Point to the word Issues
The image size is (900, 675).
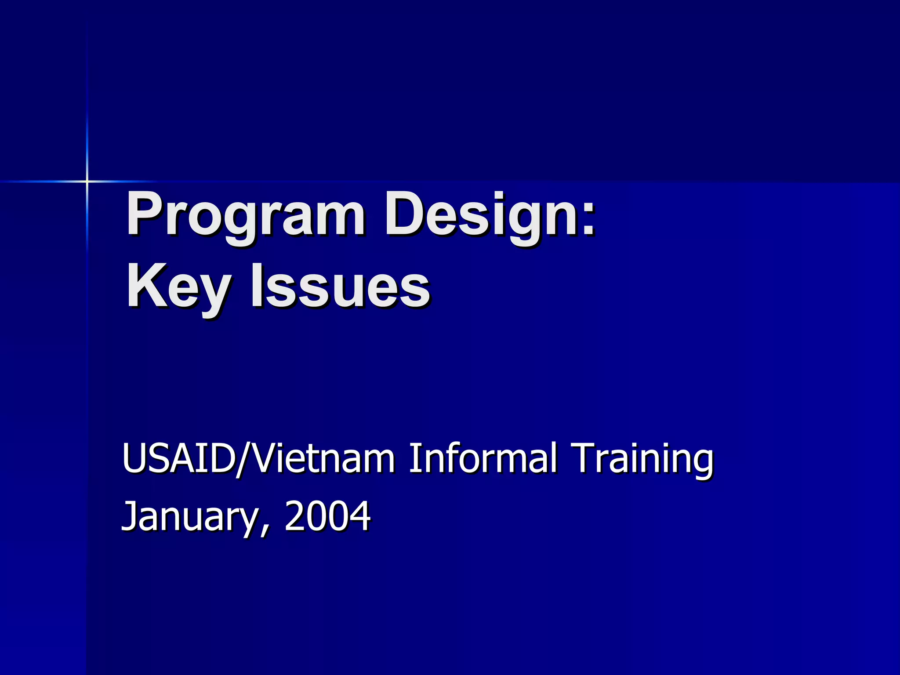[x=341, y=287]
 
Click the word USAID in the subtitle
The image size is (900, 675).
[x=178, y=459]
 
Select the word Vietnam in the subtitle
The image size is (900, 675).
[x=323, y=459]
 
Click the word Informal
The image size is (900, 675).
[x=483, y=459]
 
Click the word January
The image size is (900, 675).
[x=189, y=516]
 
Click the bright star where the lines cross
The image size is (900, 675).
[x=87, y=181]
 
